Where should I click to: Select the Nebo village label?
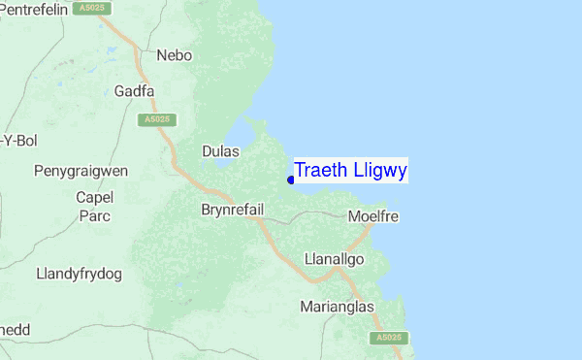[x=176, y=55]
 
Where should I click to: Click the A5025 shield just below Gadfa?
[x=150, y=119]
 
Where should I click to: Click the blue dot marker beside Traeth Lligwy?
[x=291, y=179]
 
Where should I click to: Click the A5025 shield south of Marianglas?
[x=386, y=337]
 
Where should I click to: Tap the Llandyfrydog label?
[x=79, y=274]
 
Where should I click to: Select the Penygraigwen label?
[x=81, y=171]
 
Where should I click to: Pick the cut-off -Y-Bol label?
[x=19, y=141]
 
